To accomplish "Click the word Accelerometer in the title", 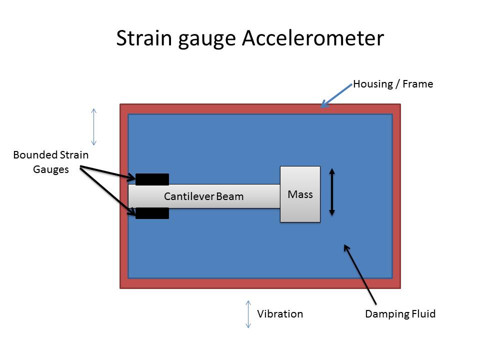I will [312, 38].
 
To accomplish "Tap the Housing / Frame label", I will [393, 84].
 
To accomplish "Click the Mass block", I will [300, 194].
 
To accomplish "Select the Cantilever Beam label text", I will [203, 196].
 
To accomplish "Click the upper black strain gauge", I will [152, 179].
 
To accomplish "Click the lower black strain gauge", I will [152, 213].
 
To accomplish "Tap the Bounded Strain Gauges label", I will [50, 162].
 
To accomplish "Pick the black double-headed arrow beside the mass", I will [331, 192].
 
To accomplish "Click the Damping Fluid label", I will [400, 314].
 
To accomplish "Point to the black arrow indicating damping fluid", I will [359, 273].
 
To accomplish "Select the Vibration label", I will [280, 314].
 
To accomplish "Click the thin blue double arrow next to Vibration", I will [247, 314].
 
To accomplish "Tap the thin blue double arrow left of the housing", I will [93, 126].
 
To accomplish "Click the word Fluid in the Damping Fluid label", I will [423, 314].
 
